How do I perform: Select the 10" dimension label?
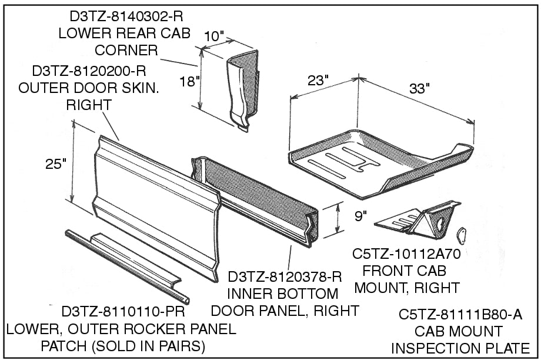click(213, 37)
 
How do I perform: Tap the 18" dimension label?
click(190, 81)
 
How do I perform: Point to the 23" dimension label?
click(318, 81)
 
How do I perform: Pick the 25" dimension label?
click(56, 164)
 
